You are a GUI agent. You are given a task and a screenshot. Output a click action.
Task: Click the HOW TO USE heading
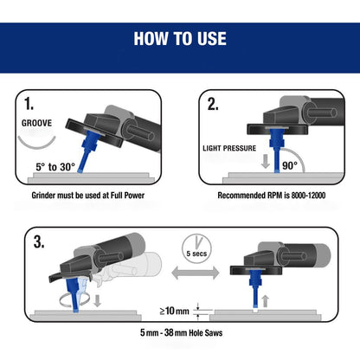point(180,39)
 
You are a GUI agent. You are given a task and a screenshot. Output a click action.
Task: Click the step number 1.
point(29,104)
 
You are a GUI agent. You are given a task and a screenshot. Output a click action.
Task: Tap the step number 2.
point(213,104)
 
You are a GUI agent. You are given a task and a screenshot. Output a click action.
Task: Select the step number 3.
point(39,241)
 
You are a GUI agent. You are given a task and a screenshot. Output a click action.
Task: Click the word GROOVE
point(36,123)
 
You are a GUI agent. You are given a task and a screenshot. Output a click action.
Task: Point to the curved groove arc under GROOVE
point(36,146)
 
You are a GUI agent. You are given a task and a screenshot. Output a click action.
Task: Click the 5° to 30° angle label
point(55,167)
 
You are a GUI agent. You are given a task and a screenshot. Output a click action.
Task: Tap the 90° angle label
point(290,165)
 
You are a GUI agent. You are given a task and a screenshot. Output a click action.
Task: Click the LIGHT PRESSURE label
point(229,148)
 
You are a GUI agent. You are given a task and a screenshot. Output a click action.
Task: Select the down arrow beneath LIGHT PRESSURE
point(265,163)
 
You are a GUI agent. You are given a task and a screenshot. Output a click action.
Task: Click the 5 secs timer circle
point(196,248)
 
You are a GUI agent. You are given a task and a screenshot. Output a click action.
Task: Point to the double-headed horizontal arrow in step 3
point(196,273)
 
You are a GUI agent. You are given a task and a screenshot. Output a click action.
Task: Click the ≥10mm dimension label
point(175,311)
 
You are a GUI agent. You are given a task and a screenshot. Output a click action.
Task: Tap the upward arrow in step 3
point(266,302)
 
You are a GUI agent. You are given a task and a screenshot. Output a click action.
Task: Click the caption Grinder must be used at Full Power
point(88,196)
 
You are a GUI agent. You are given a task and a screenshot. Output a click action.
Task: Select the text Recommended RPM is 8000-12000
point(272,196)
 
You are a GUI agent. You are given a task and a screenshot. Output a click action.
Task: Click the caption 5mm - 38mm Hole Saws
point(181,332)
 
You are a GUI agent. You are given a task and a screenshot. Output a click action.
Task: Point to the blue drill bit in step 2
point(277,151)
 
